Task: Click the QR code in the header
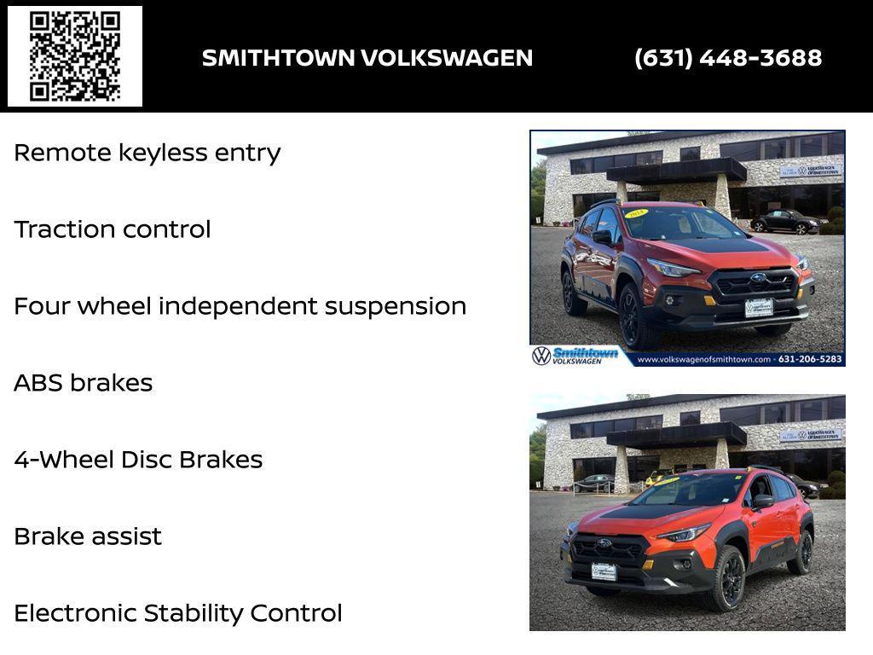click(x=75, y=56)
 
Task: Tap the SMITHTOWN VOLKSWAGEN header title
click(x=367, y=58)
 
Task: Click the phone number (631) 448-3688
click(x=728, y=58)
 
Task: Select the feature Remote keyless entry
click(x=147, y=154)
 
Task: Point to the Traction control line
click(x=113, y=229)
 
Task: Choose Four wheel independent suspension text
click(x=240, y=306)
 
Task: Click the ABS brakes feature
click(x=84, y=383)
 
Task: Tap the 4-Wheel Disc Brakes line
click(x=138, y=460)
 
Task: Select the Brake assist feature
click(x=88, y=536)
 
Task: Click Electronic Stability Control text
click(x=178, y=613)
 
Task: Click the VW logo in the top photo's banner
click(x=541, y=356)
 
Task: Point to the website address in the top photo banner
click(x=703, y=359)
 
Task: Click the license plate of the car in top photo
click(x=758, y=307)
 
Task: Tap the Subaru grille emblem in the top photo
click(x=757, y=278)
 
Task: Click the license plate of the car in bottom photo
click(x=604, y=571)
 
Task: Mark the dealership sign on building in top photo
click(x=811, y=170)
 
